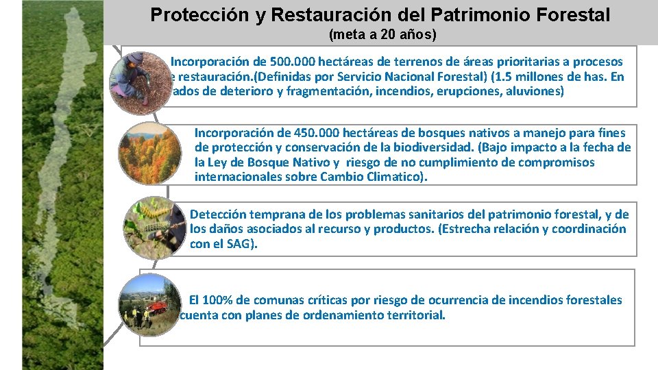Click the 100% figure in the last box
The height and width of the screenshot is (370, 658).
click(219, 300)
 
